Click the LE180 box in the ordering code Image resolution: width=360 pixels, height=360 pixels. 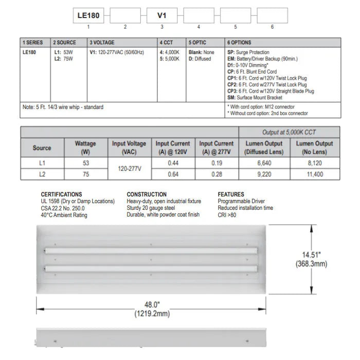click(88, 16)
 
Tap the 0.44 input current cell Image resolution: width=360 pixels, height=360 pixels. click(173, 163)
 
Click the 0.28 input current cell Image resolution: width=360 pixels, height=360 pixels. click(216, 174)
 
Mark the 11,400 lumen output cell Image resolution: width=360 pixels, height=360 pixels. click(314, 174)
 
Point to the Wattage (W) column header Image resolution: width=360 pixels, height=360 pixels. click(85, 148)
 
